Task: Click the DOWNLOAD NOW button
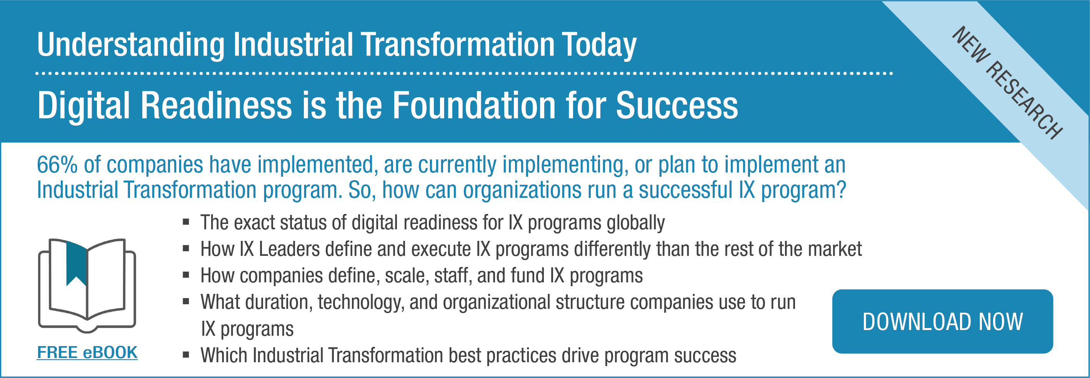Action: (942, 322)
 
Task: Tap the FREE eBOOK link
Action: (87, 352)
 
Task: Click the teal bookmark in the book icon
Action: (77, 264)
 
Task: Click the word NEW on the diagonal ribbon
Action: (971, 45)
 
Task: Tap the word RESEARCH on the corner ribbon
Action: (1024, 101)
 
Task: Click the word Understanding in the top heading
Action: (131, 46)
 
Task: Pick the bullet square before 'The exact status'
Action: (186, 222)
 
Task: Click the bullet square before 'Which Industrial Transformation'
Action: (186, 355)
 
